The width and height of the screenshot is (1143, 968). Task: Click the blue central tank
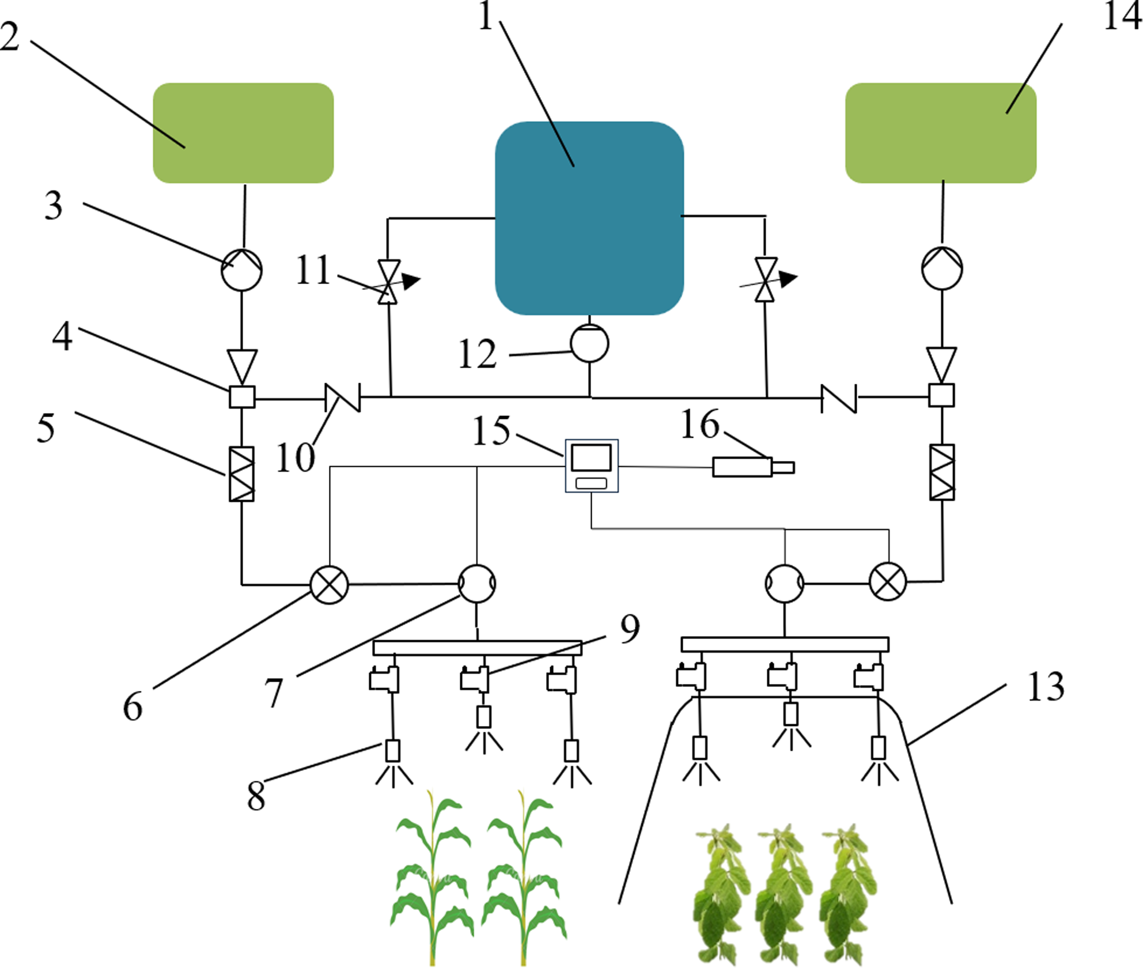point(589,218)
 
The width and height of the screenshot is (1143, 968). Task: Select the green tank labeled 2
point(243,133)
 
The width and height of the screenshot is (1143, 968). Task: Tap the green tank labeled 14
point(941,133)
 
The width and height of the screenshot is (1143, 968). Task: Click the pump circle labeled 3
point(242,269)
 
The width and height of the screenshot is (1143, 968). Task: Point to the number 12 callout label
point(477,353)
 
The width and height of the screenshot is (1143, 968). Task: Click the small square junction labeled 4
point(242,396)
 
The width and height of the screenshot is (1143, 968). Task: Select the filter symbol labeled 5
point(241,474)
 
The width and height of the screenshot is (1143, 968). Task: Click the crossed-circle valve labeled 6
point(330,585)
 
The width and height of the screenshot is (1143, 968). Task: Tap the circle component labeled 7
point(477,584)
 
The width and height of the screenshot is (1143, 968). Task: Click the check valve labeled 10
point(343,398)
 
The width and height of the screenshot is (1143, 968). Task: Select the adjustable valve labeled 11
point(389,281)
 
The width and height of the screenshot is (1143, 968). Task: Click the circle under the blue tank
point(589,343)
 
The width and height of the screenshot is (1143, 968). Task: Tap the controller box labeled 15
point(592,466)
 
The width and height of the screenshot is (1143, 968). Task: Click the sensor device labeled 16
point(754,467)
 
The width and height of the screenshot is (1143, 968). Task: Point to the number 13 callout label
point(1046,687)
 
